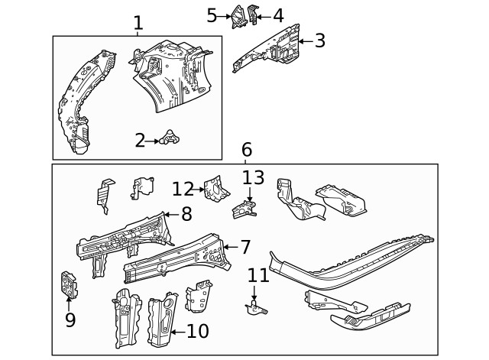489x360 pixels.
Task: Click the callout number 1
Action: pyautogui.click(x=138, y=23)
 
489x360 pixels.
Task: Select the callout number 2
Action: pyautogui.click(x=140, y=140)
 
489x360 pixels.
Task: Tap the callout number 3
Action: pyautogui.click(x=319, y=41)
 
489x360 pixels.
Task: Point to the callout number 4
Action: pyautogui.click(x=277, y=15)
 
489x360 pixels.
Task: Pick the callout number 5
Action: pyautogui.click(x=212, y=15)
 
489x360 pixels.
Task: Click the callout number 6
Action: pyautogui.click(x=246, y=150)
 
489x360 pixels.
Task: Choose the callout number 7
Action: pyautogui.click(x=245, y=247)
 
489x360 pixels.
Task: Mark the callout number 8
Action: pyautogui.click(x=186, y=215)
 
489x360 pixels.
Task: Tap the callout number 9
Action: pyautogui.click(x=70, y=319)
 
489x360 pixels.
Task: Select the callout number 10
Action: pyautogui.click(x=197, y=331)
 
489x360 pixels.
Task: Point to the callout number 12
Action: pyautogui.click(x=183, y=188)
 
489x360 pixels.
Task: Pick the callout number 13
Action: pyautogui.click(x=253, y=178)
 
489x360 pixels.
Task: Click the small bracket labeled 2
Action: pyautogui.click(x=171, y=138)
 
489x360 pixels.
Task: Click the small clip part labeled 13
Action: pyautogui.click(x=244, y=208)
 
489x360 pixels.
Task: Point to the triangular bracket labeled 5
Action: pyautogui.click(x=239, y=16)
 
